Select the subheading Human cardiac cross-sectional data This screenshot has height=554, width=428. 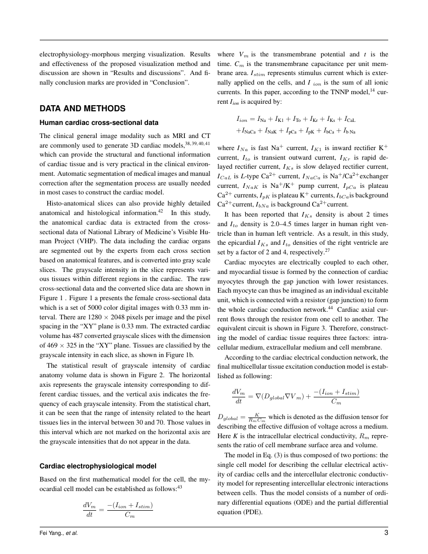click(99, 122)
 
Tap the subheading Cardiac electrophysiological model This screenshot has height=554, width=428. click(98, 465)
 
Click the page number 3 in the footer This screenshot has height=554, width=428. click(385, 532)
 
